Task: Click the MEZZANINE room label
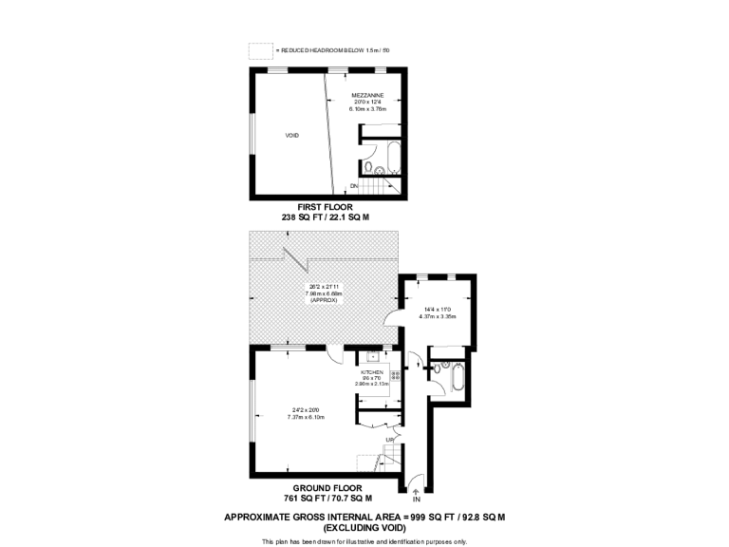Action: [367, 95]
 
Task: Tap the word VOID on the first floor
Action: [292, 136]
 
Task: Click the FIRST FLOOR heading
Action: [325, 206]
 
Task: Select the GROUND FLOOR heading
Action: [327, 487]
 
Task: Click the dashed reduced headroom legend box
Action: [259, 50]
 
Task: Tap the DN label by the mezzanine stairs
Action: [353, 185]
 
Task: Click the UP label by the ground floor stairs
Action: [389, 440]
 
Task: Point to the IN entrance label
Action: [416, 499]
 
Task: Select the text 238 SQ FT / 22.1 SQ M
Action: [325, 217]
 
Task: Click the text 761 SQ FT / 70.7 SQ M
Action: [327, 498]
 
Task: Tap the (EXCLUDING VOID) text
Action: [364, 526]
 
